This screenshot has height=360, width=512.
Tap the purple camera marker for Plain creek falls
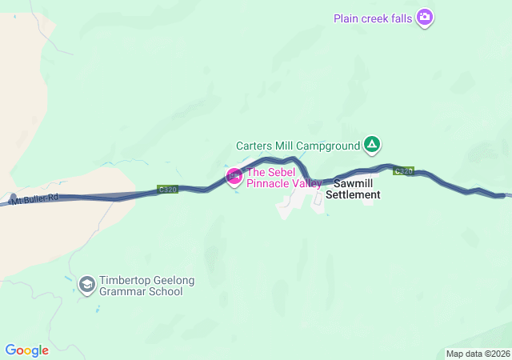click(425, 17)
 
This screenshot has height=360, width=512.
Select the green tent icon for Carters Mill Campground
click(372, 145)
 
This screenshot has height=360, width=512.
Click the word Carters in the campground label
click(255, 146)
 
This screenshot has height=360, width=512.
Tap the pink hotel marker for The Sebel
click(234, 176)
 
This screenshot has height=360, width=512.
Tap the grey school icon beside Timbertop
click(86, 284)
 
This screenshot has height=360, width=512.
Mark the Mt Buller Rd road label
click(35, 198)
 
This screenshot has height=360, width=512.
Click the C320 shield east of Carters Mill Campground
click(404, 170)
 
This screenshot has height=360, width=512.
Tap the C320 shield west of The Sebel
click(167, 190)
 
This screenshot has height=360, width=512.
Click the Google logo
click(26, 350)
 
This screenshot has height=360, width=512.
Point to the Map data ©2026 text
click(477, 354)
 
